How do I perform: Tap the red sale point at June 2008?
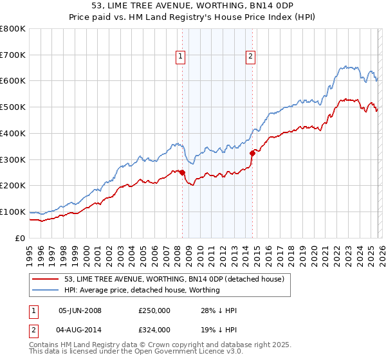coord(182,172)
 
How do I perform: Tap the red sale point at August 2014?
coord(252,153)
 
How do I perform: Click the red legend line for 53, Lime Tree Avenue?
coord(46,279)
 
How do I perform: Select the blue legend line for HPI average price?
coord(46,290)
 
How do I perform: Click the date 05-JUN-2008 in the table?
coord(80,310)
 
